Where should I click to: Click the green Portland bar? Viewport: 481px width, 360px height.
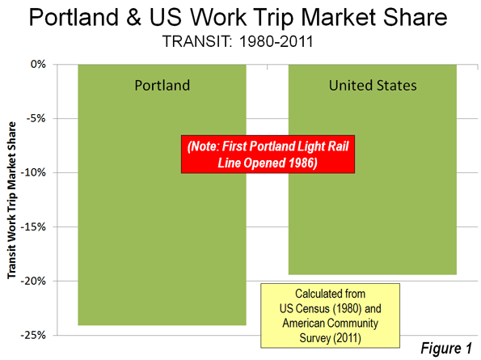pos(162,215)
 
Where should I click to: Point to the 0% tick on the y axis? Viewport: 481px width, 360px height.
pos(38,65)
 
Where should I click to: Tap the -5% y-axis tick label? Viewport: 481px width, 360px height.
pos(36,118)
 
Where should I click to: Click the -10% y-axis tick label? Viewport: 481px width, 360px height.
pos(33,173)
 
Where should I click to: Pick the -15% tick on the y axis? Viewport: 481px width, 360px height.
pos(33,227)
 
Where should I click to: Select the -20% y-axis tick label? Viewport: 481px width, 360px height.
pos(33,282)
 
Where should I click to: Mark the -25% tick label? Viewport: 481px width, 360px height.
pos(33,335)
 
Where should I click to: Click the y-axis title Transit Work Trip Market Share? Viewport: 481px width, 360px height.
pos(11,200)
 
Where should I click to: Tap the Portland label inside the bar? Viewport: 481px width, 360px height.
pos(162,86)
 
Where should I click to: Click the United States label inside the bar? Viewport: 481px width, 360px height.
pos(373,85)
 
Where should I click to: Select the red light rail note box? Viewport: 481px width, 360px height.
pos(268,155)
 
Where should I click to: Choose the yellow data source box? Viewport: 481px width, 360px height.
pos(330,316)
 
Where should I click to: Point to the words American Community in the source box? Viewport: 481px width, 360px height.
pos(330,323)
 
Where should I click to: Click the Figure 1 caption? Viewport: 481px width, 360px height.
pos(445,349)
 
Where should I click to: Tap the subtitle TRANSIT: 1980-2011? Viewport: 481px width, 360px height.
pos(238,41)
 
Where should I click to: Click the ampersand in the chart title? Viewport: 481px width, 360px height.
pos(133,18)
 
